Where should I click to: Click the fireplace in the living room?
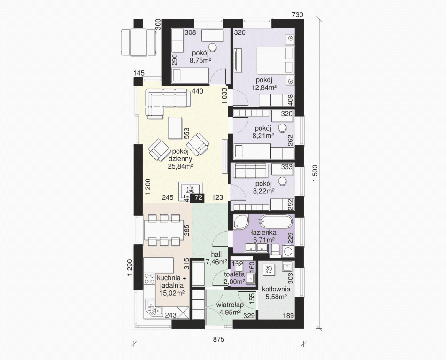190,190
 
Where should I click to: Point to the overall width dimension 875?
219,339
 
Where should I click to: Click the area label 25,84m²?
179,166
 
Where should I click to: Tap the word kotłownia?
276,290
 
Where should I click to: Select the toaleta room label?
234,274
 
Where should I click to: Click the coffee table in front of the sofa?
175,128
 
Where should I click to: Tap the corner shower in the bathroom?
241,222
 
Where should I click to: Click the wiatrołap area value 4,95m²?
230,313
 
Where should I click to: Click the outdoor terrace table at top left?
138,42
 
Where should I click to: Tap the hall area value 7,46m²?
216,262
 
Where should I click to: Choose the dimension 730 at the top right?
298,15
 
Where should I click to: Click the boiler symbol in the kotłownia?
269,269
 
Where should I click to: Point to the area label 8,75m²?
200,60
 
